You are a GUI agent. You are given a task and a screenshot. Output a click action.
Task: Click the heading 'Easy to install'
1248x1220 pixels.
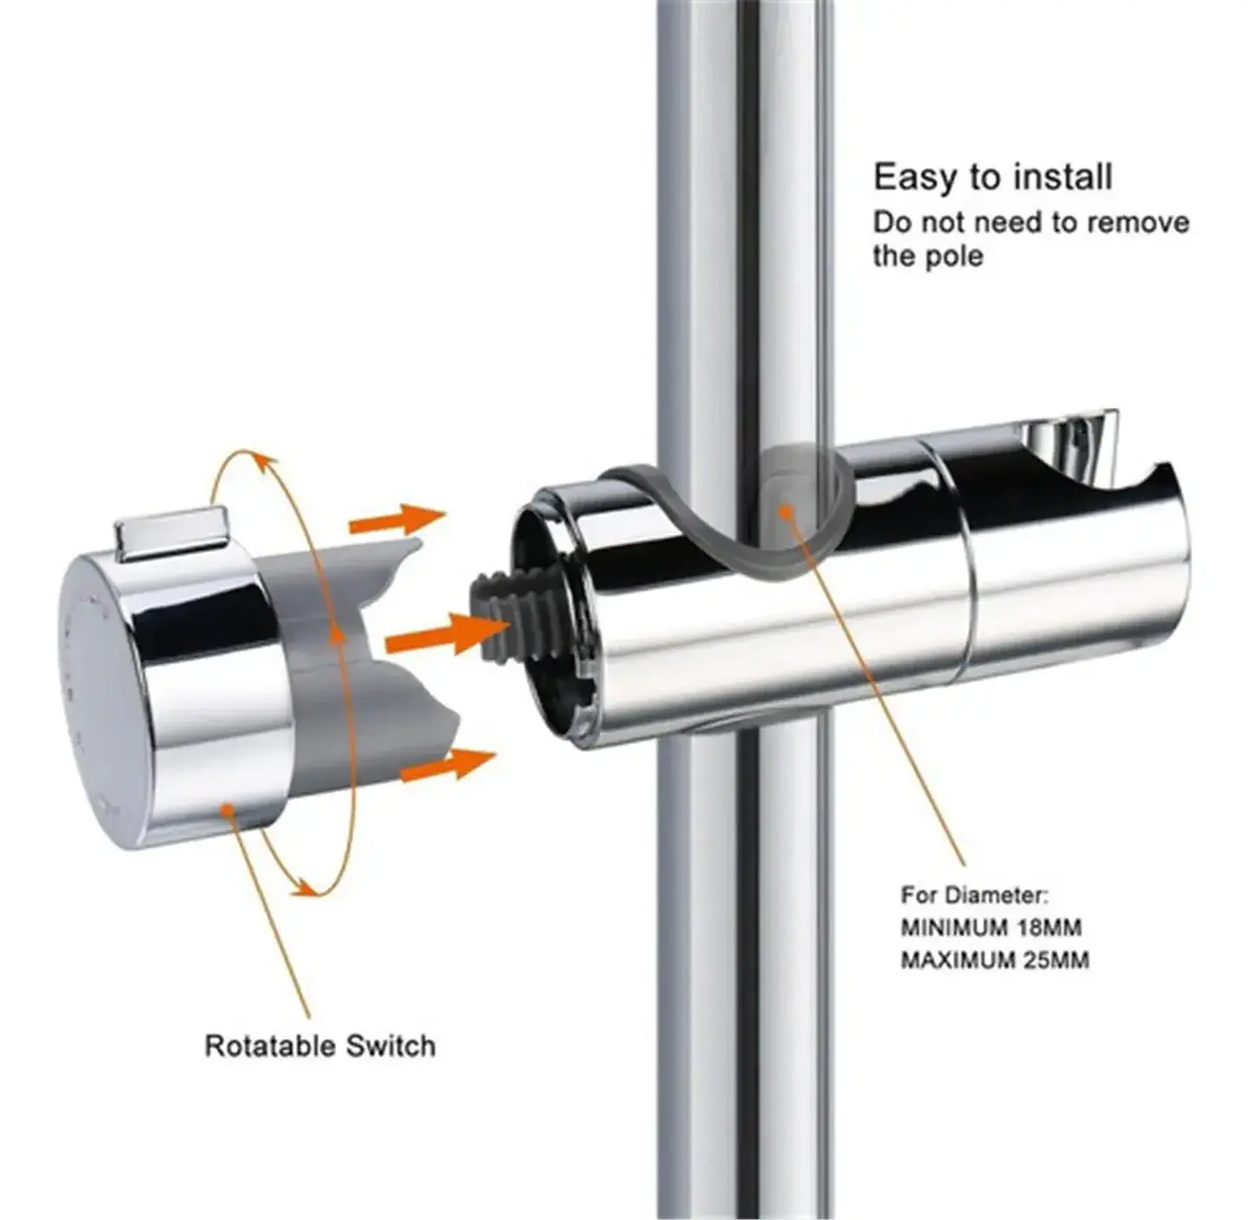992,177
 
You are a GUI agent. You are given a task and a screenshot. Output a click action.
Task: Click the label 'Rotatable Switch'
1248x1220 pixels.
320,1046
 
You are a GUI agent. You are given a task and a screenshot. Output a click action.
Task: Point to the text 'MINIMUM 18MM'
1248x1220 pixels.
991,928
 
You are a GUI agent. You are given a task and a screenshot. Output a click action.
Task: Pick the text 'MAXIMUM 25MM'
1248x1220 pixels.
995,960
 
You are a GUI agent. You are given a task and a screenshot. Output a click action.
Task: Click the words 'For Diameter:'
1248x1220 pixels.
974,895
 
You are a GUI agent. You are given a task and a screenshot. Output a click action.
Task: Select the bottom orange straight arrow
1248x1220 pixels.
448,764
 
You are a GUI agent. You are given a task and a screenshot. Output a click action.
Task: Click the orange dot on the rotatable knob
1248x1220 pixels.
226,808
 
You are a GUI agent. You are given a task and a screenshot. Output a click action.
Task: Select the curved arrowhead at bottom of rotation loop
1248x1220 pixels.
304,887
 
